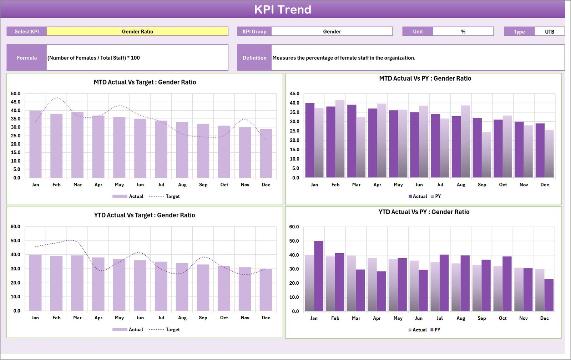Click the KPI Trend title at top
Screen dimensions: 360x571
282,9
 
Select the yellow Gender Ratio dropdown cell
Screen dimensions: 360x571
137,31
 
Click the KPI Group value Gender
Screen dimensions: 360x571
332,31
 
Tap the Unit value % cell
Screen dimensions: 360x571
463,31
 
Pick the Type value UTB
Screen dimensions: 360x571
549,31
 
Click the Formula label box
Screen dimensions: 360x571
27,57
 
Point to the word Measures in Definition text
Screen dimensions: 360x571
284,58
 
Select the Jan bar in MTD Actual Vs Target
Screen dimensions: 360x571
35,144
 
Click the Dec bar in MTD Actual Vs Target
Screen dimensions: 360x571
266,153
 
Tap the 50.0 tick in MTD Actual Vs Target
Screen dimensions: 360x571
16,93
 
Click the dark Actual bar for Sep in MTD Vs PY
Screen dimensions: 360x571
477,148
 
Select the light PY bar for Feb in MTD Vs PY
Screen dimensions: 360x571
340,139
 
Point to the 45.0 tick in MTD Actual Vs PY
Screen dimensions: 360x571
294,93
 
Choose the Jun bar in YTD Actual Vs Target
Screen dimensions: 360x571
140,285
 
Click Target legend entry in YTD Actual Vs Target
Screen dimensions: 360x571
172,330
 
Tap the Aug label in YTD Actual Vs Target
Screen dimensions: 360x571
182,318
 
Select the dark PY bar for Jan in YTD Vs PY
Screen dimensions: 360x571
319,276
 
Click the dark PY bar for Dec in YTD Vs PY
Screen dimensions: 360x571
549,295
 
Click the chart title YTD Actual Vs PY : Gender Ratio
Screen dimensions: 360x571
424,212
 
